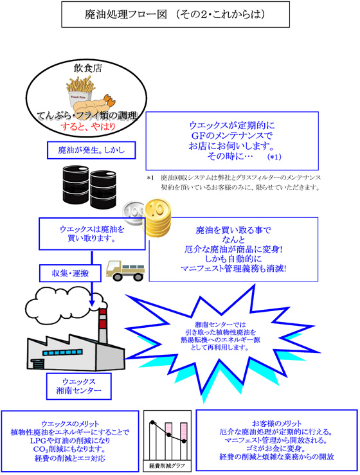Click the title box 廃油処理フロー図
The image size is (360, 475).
(x=175, y=14)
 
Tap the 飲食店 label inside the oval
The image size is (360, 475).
(x=87, y=68)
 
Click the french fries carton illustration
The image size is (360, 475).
(x=80, y=91)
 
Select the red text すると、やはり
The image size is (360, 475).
(x=88, y=126)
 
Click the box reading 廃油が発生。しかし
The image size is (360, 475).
(x=91, y=150)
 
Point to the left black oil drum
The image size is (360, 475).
(x=75, y=184)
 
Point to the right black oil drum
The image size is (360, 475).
(x=103, y=190)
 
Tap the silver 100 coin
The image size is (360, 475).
(x=133, y=213)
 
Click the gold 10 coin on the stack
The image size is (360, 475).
(x=157, y=209)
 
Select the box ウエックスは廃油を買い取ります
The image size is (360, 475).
(x=92, y=233)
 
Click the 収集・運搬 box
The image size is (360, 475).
(x=70, y=273)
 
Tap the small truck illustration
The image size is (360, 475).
(x=125, y=270)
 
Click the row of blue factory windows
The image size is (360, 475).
(x=62, y=353)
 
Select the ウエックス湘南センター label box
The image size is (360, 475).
(x=79, y=386)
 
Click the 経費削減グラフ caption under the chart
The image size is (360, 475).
(x=167, y=465)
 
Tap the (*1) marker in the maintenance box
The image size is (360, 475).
(x=274, y=157)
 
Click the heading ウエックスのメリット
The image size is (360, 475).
(x=70, y=424)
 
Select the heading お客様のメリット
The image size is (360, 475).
(x=276, y=424)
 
